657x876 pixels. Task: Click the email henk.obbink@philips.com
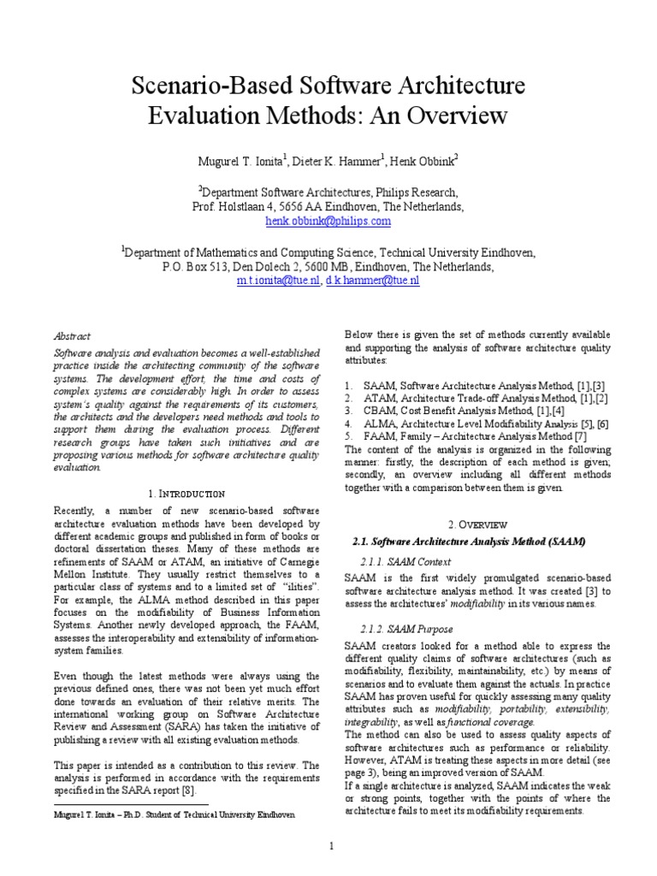(x=328, y=221)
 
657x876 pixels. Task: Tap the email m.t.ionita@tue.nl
(x=279, y=280)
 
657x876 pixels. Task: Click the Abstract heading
(x=72, y=337)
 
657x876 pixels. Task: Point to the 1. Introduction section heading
(x=186, y=494)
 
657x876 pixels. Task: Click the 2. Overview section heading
(x=477, y=524)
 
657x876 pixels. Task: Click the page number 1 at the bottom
(x=330, y=846)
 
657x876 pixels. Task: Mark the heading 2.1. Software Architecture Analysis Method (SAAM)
(x=469, y=541)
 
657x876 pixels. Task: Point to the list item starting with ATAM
(x=475, y=399)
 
